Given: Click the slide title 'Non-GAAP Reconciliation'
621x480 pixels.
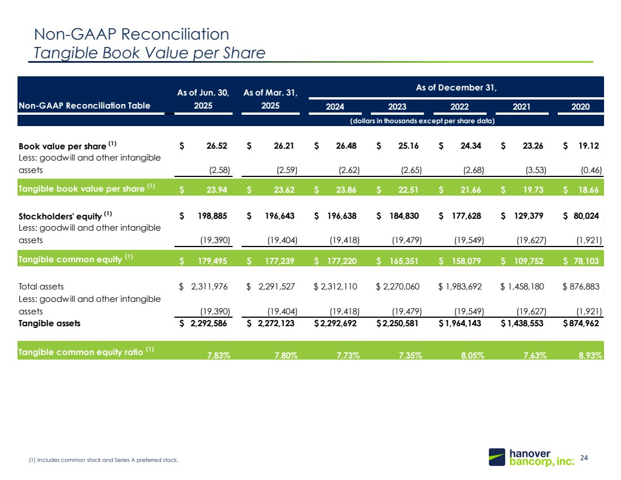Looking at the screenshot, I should [x=132, y=34].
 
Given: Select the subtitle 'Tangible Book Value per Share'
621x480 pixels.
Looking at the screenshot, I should [x=150, y=53].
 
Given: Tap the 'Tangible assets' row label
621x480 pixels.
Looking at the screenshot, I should [x=49, y=323].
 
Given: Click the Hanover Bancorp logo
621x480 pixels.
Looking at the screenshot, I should [x=531, y=457].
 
